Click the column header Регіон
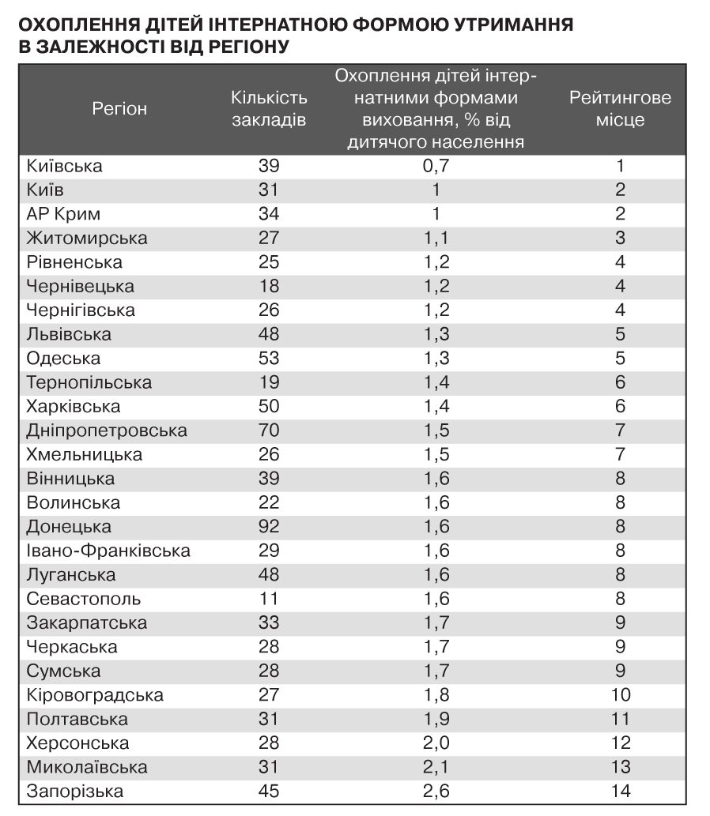[x=119, y=109]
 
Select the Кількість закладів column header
[x=269, y=109]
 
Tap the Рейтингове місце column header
[x=621, y=109]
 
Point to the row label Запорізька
[x=75, y=791]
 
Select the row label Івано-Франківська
[x=108, y=551]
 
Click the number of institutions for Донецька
[x=269, y=527]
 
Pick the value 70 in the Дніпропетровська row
[x=269, y=431]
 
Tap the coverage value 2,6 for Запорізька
[x=436, y=791]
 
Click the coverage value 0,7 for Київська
[x=436, y=166]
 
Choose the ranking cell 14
[x=621, y=791]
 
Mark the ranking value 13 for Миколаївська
[x=621, y=767]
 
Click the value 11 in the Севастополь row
[x=269, y=599]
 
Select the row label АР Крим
[x=63, y=214]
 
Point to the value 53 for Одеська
[x=269, y=359]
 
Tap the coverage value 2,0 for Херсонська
[x=436, y=743]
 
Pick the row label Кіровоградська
[x=95, y=695]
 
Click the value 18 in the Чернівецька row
[x=269, y=286]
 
